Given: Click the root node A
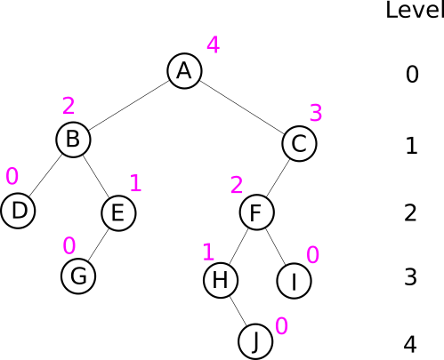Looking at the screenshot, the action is (x=184, y=71).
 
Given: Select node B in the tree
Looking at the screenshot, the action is (x=73, y=140).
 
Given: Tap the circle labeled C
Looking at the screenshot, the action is (x=299, y=144).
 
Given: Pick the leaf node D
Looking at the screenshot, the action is (x=18, y=211).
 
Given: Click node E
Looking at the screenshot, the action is (x=118, y=213).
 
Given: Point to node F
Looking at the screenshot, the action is (x=257, y=212).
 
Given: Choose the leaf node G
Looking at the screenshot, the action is (x=78, y=276).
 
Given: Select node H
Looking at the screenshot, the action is (x=221, y=280).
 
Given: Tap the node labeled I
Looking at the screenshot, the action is (x=294, y=281).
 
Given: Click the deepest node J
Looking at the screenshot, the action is (x=255, y=341).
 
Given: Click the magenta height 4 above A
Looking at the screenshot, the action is (x=214, y=44).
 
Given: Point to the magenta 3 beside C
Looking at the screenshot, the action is (x=316, y=113).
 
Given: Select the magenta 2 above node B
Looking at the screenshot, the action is (x=69, y=106).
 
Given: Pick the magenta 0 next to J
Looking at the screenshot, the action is (x=282, y=326).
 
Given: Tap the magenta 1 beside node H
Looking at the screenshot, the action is (x=208, y=252).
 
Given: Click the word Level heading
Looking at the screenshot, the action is (x=415, y=10).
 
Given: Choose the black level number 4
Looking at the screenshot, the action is (x=410, y=345).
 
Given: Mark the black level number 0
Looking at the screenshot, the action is (x=412, y=74).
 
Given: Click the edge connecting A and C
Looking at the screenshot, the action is (x=242, y=108).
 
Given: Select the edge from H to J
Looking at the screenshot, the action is (x=238, y=311).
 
